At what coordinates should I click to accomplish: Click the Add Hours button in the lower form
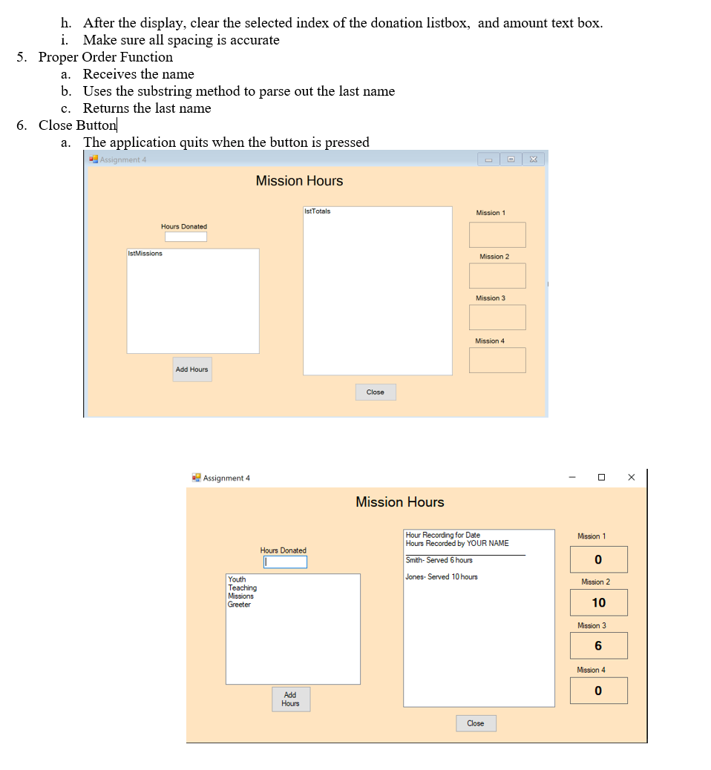click(x=290, y=700)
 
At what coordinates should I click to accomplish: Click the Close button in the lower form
click(x=476, y=723)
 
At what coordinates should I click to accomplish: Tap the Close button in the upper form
click(x=376, y=392)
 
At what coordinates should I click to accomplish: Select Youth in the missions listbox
click(x=237, y=579)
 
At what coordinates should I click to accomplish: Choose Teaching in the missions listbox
click(x=243, y=588)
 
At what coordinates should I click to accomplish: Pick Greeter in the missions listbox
click(x=240, y=605)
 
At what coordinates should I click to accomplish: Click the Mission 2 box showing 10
click(x=599, y=603)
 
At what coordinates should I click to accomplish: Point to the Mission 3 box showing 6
click(x=599, y=646)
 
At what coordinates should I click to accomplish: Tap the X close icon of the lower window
click(x=631, y=477)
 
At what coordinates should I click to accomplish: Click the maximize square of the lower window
click(x=601, y=477)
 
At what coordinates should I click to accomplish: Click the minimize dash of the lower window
click(x=572, y=477)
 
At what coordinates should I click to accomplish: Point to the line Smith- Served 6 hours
click(x=439, y=560)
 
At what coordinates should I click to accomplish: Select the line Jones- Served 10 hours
click(x=442, y=577)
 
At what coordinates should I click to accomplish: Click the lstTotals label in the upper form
click(x=318, y=211)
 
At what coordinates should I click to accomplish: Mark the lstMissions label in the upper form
click(x=145, y=254)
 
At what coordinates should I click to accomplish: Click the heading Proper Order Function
click(x=105, y=57)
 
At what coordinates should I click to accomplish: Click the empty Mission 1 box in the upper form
click(x=497, y=235)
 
